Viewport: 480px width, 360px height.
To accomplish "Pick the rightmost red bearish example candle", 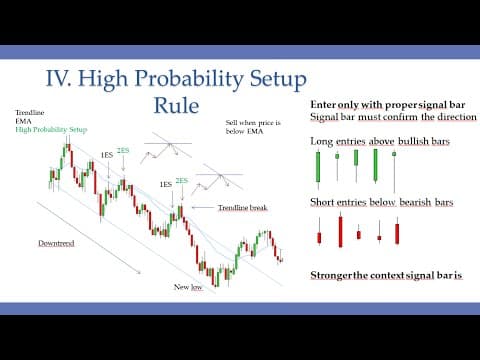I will pos(398,233).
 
